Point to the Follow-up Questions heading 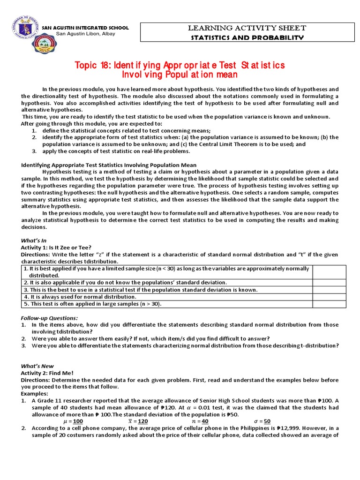(49, 318)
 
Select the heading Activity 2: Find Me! (50, 373)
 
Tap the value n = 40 (200, 421)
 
